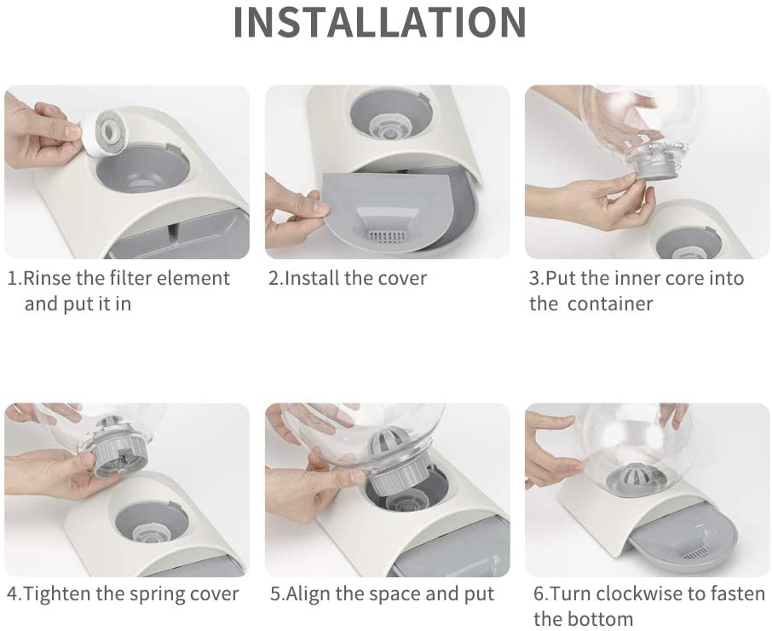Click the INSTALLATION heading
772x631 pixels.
379,21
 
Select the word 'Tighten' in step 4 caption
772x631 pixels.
57,594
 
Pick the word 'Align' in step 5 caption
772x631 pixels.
308,594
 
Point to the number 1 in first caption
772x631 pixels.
12,279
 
